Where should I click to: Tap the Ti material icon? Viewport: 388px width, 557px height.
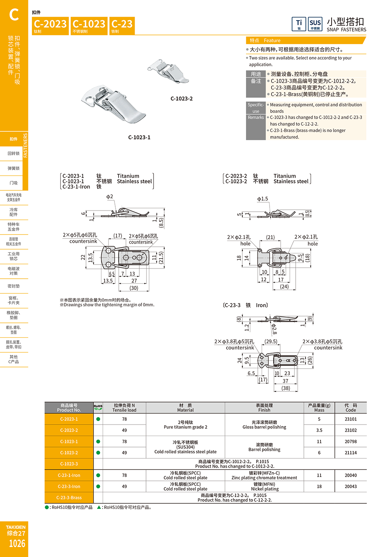coord(299,24)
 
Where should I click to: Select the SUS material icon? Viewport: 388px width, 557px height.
coord(315,24)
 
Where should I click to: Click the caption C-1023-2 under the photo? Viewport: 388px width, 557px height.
coord(182,99)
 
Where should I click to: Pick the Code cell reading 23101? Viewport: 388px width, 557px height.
coord(351,419)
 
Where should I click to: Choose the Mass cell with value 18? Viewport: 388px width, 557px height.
coord(319,486)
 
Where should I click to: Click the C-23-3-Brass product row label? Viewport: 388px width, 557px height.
coord(69,497)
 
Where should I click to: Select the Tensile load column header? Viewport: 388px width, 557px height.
coord(124,408)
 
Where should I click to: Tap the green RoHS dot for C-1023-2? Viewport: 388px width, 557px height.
coord(98,453)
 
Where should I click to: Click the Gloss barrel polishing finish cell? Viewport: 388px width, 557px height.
coord(264,425)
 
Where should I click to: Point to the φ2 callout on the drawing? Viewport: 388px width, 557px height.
coord(110,196)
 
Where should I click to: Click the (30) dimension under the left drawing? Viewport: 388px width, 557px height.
coord(134,288)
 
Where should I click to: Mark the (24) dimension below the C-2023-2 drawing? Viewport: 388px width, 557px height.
coord(284,287)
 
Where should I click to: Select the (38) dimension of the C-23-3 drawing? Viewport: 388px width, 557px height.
coord(286,388)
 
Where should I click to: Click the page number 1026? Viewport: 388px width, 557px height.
coord(17,544)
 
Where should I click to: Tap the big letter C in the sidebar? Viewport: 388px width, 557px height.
coord(14,15)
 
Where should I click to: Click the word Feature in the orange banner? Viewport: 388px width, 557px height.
coord(272,41)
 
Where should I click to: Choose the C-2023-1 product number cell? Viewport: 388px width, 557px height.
coord(69,419)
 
